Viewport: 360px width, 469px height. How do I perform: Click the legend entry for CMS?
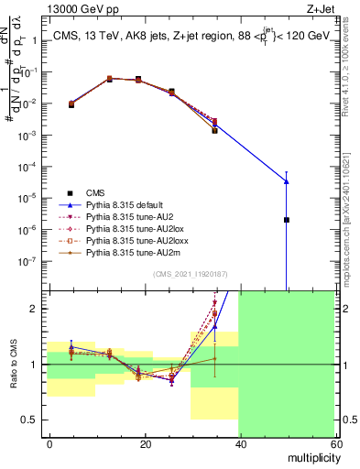pyautogui.click(x=96, y=192)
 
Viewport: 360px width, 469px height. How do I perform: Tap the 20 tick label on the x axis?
pyautogui.click(x=145, y=442)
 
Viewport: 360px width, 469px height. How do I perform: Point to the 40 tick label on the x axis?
pyautogui.click(x=240, y=442)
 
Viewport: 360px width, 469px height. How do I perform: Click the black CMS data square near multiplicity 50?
pyautogui.click(x=287, y=220)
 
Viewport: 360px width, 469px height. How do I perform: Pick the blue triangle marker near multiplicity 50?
pyautogui.click(x=287, y=180)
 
